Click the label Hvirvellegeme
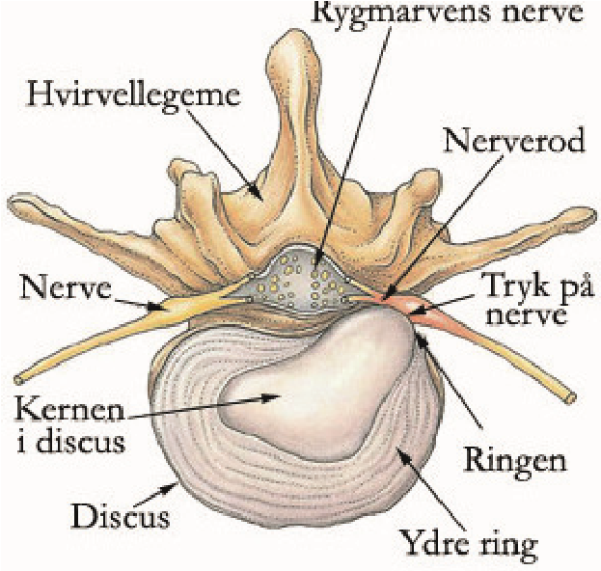coord(133,95)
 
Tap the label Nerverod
coord(514,141)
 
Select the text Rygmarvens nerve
coord(448,12)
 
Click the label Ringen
coord(515,461)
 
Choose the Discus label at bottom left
coord(121,518)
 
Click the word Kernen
coord(70,411)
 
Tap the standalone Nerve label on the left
coord(66,289)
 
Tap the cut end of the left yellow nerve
coord(18,380)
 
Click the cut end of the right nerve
coord(571,398)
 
